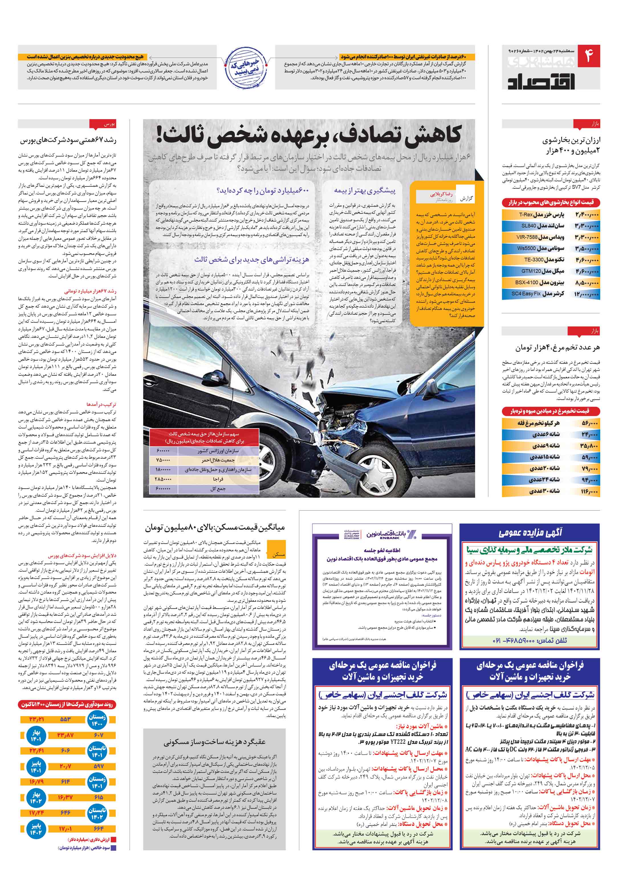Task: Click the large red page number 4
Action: pos(588,56)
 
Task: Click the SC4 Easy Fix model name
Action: pos(526,293)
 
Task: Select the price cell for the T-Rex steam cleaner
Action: pos(587,215)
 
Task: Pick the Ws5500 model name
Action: pos(526,248)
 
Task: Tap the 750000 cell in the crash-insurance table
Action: pos(163,460)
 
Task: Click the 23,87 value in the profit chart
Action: pos(65,735)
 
